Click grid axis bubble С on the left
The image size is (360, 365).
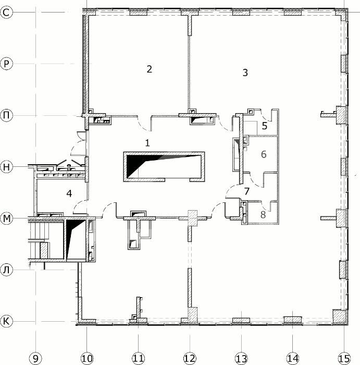point(6,13)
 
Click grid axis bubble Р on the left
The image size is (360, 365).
point(6,64)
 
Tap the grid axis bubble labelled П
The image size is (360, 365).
point(6,115)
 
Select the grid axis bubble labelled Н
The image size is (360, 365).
point(6,167)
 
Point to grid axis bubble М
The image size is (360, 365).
point(6,218)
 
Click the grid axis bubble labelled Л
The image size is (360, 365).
point(6,270)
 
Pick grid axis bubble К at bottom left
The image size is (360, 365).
point(6,321)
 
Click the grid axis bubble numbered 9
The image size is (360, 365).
point(35,359)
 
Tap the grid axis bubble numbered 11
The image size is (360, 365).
point(139,359)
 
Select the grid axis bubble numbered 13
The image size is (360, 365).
point(241,359)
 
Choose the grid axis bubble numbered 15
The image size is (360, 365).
point(344,359)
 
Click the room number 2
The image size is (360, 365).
point(150,69)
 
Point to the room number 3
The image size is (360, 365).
point(245,72)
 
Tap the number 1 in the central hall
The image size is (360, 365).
point(147,143)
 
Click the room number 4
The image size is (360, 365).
point(69,193)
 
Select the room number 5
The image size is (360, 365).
point(265,126)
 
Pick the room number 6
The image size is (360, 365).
point(264,154)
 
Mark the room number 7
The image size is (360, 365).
point(247,191)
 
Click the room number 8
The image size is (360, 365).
point(263,215)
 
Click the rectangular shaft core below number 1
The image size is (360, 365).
point(164,167)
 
